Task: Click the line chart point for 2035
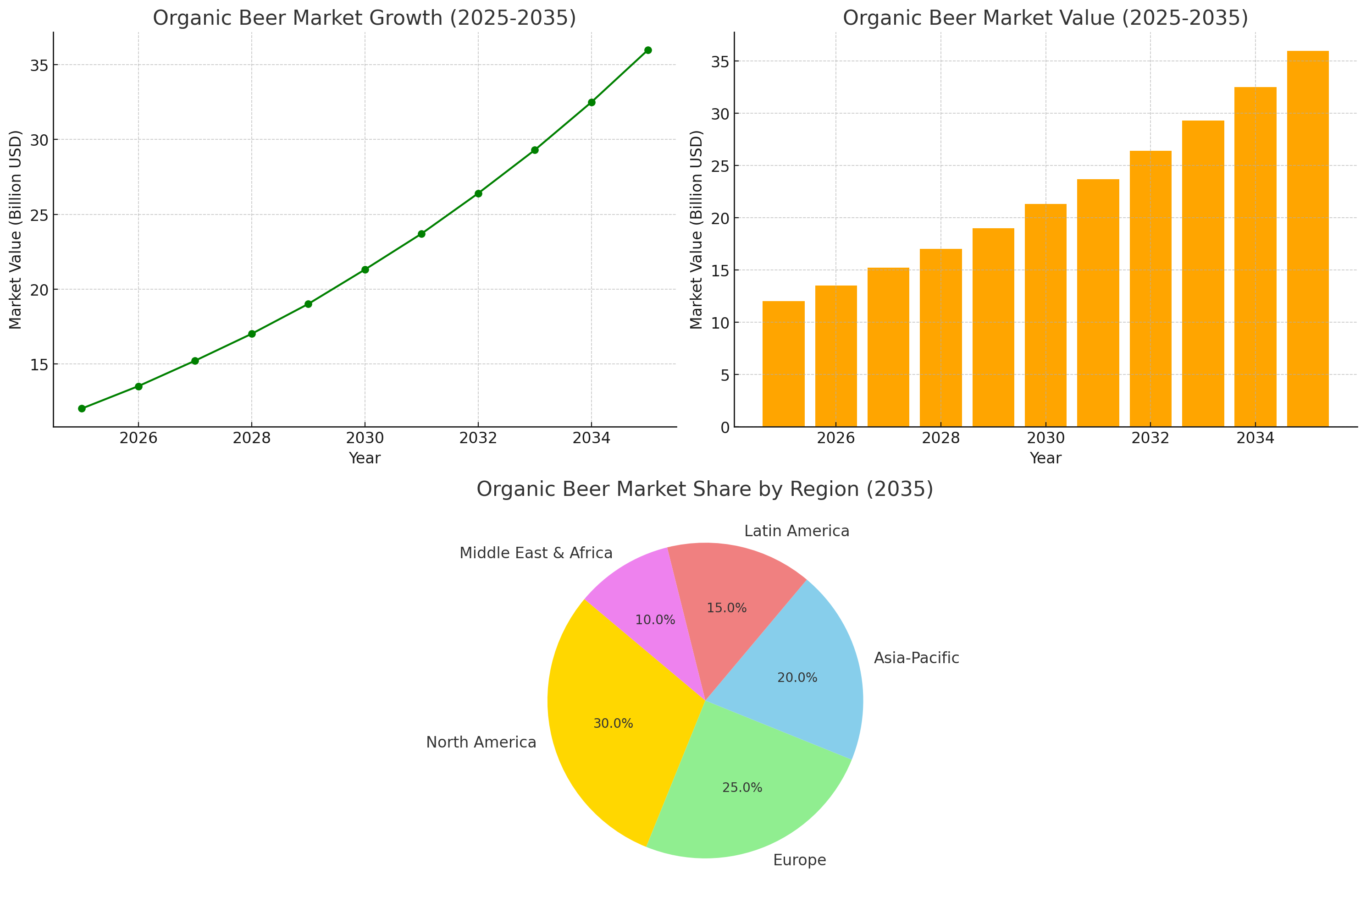coord(647,50)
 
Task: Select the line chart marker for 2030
coord(365,269)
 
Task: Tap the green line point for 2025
coord(82,408)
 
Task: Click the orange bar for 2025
coord(783,364)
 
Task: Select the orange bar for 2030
coord(1045,315)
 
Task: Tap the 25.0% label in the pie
coord(742,787)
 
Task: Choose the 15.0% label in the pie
coord(726,608)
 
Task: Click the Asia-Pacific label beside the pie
coord(916,658)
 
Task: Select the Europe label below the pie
coord(799,860)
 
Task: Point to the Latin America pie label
coord(796,531)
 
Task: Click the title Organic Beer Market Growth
coord(364,18)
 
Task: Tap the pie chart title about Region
coord(704,489)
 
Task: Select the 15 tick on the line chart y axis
coord(39,364)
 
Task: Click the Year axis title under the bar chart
coord(1045,458)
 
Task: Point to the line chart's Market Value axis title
coord(15,230)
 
